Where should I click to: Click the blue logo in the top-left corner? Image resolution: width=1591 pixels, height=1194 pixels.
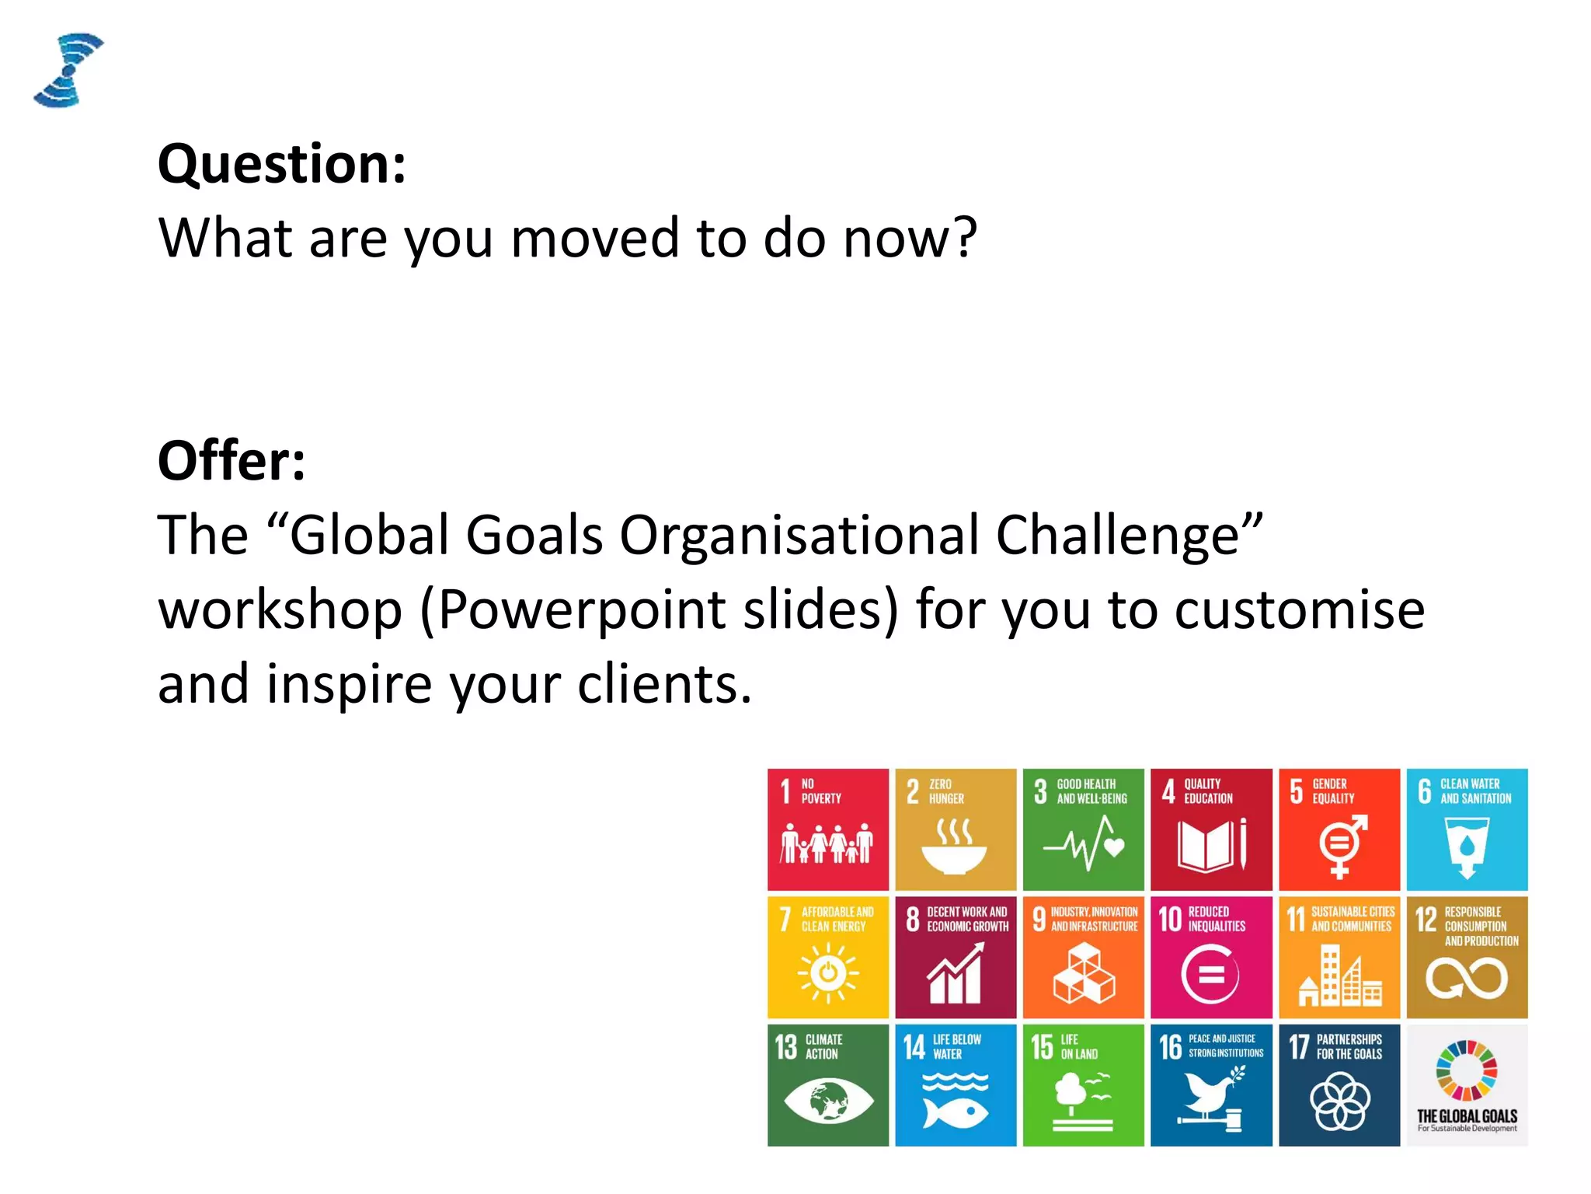click(x=68, y=70)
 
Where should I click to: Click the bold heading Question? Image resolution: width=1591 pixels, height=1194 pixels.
click(x=281, y=164)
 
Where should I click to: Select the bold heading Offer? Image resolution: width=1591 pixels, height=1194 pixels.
click(x=232, y=461)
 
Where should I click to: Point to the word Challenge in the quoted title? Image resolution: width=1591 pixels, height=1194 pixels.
click(x=1117, y=536)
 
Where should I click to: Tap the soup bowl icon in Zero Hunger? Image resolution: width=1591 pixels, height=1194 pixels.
click(x=955, y=848)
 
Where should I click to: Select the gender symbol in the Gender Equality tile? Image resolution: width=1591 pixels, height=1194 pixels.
click(x=1341, y=846)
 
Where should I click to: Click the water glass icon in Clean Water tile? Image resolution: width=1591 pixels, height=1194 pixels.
click(x=1467, y=848)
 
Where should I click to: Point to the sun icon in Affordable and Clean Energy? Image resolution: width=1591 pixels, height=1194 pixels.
click(x=828, y=972)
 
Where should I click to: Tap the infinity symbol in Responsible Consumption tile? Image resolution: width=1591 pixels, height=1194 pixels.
click(x=1467, y=978)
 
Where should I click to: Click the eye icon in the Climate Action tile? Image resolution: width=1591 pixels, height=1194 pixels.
click(x=828, y=1101)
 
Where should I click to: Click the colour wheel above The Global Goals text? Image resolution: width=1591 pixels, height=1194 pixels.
click(x=1467, y=1070)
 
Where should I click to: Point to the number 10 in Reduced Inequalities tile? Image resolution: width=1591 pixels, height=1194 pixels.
click(x=1170, y=920)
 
